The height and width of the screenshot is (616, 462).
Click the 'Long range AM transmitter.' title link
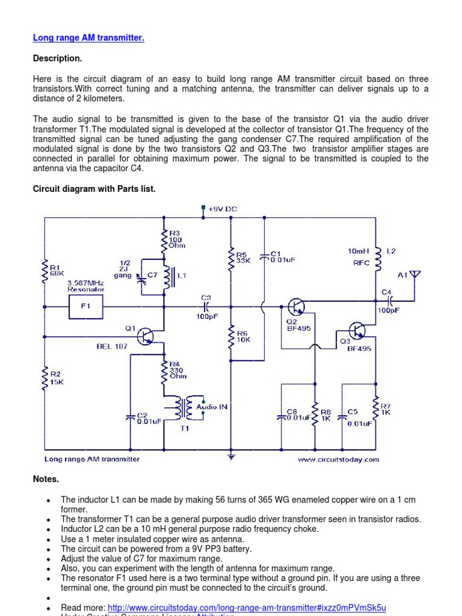pos(88,38)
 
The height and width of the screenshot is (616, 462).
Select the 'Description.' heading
pos(57,58)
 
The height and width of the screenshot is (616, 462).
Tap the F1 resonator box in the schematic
pos(85,306)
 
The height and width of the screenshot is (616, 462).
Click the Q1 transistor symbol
pos(147,336)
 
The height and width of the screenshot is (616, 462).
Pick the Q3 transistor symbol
pos(357,330)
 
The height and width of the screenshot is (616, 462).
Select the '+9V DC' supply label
pos(222,209)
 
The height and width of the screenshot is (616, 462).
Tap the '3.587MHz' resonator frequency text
pos(86,282)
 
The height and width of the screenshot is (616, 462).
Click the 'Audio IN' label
pos(212,407)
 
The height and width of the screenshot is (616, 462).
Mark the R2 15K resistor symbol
pos(44,380)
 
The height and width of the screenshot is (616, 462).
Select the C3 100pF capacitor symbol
pos(206,306)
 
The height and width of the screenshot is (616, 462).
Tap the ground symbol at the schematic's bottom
pos(231,458)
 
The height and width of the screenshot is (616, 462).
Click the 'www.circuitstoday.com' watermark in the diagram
pos(338,460)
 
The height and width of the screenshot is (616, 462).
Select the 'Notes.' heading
pos(46,479)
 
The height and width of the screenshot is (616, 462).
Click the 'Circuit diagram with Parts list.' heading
pos(94,189)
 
